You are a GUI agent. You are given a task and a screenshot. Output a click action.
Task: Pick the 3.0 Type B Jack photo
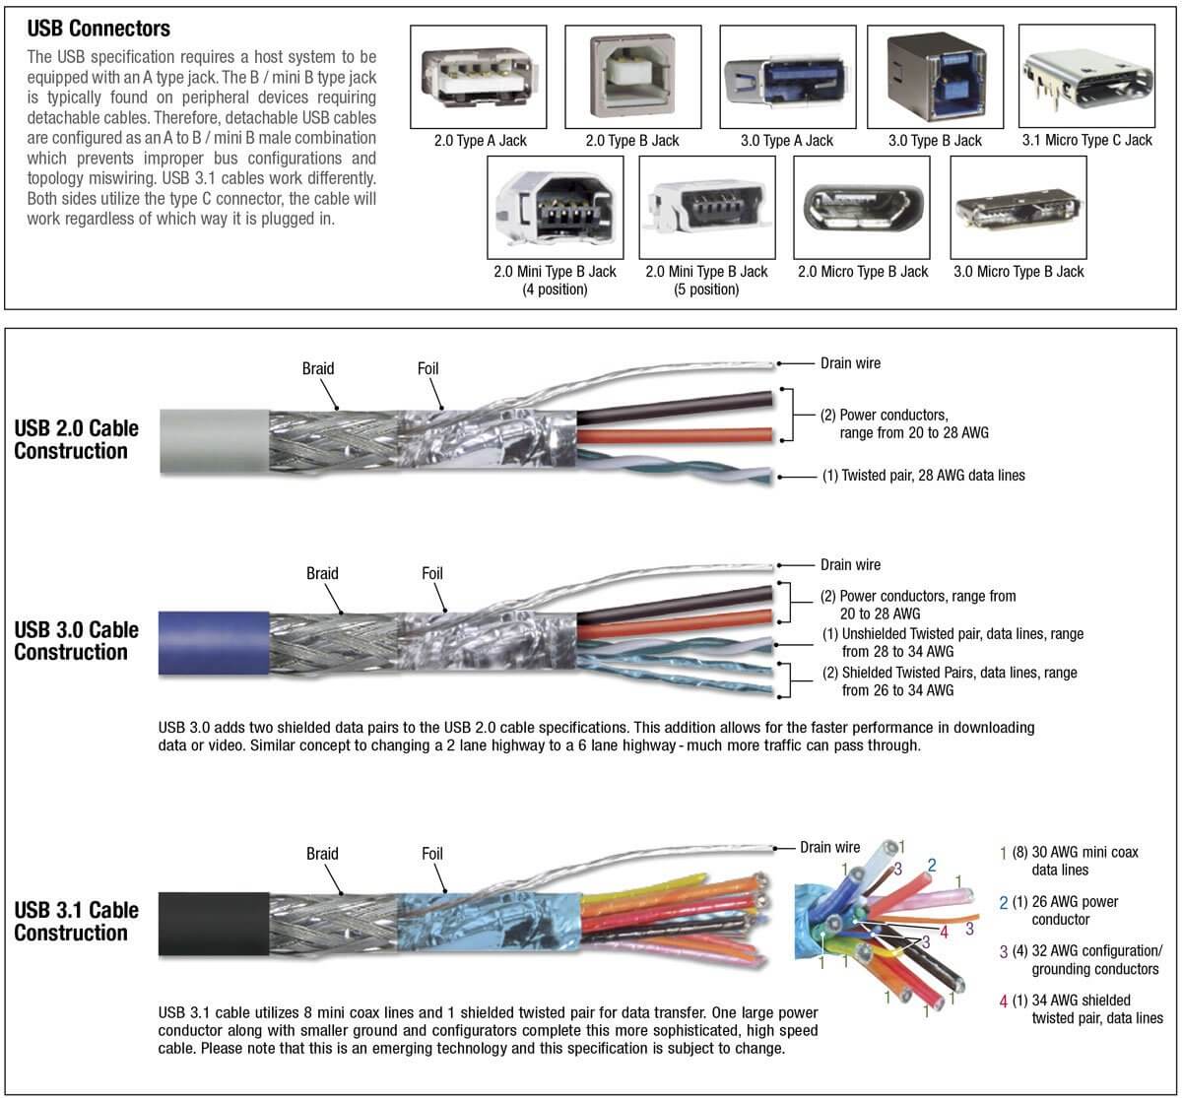click(x=935, y=76)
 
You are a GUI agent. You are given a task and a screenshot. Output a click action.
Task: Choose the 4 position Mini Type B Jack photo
click(x=555, y=206)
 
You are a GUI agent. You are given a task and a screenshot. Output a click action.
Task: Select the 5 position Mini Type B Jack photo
click(x=706, y=206)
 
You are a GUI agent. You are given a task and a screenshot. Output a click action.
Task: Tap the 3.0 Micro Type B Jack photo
click(x=1018, y=206)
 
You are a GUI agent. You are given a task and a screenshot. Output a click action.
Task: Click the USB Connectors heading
click(x=98, y=28)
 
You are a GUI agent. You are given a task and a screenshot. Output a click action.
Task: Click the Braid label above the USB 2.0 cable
click(x=318, y=368)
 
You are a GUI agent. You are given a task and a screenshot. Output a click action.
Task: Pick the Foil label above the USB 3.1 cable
click(x=432, y=854)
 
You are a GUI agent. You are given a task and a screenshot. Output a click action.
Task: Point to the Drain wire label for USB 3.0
click(x=850, y=565)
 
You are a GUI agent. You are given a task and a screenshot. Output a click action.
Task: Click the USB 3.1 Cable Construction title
click(x=76, y=921)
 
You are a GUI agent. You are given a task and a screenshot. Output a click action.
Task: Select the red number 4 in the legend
click(x=1004, y=1001)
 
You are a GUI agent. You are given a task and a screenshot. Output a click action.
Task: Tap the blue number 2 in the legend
click(x=1004, y=902)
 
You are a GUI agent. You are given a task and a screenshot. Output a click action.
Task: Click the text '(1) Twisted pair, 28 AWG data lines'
click(x=923, y=476)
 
